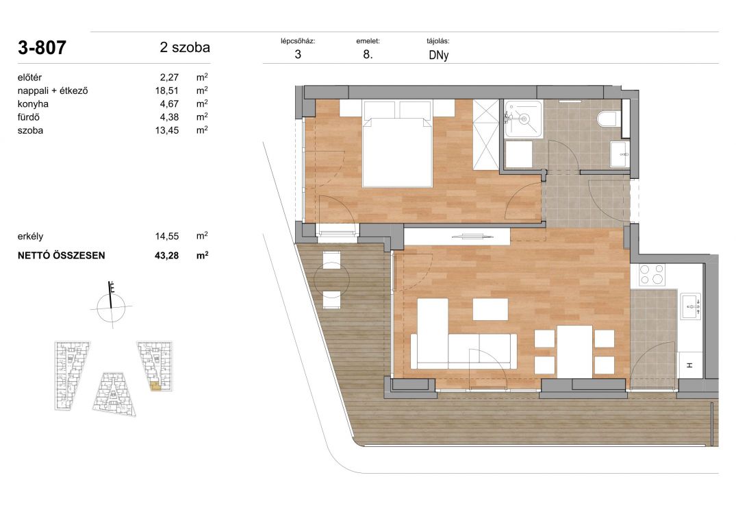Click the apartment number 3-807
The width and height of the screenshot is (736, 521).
pos(42,47)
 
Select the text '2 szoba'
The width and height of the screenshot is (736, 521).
pos(185,47)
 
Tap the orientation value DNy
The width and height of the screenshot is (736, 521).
pos(438,55)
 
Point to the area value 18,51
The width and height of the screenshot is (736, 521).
pos(166,90)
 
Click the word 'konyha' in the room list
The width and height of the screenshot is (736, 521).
pos(33,104)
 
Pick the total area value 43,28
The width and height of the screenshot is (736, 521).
pos(166,256)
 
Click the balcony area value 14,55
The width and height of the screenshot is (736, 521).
pos(166,237)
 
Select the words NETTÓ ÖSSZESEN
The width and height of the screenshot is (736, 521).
pos(62,256)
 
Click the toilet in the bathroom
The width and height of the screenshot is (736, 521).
pos(609,119)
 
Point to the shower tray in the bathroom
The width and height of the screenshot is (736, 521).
pos(523,119)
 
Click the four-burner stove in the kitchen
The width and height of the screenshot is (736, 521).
pos(652,275)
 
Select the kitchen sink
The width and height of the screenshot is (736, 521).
pos(690,306)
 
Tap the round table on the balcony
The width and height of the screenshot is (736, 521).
pos(331,280)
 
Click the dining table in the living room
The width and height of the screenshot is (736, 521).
pos(574,352)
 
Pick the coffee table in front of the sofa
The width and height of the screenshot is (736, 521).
pos(490,309)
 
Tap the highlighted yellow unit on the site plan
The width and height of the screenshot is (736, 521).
pos(155,387)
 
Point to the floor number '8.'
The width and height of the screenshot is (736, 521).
pos(368,54)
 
